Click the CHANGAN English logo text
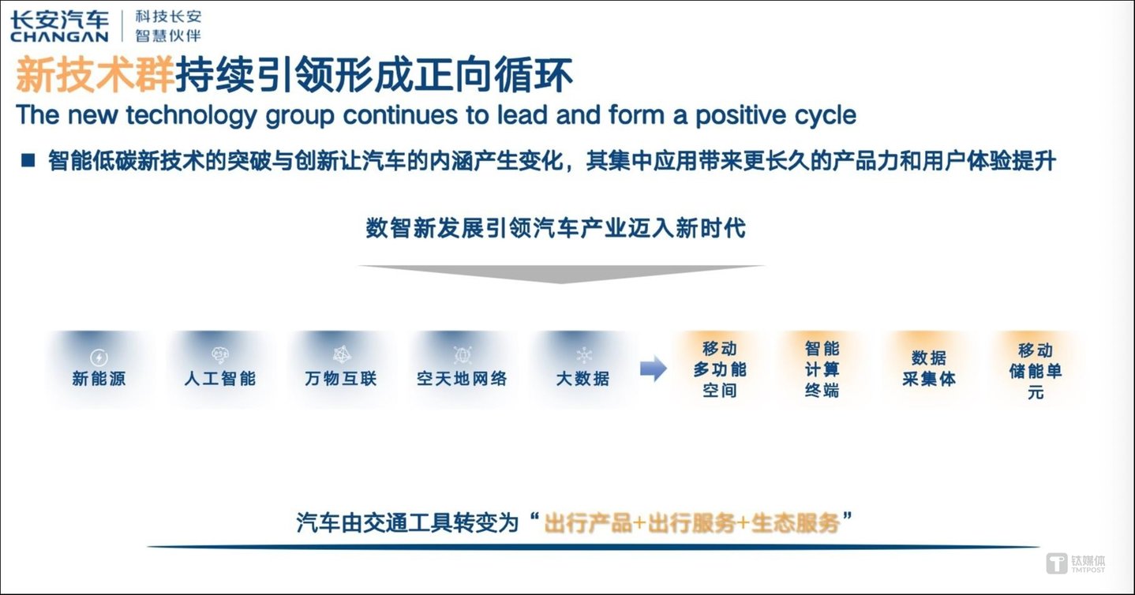click(x=59, y=36)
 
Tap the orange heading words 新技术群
click(x=95, y=75)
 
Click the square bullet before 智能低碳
click(x=28, y=160)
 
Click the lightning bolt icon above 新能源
click(x=99, y=357)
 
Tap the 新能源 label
click(x=99, y=378)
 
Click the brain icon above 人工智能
click(x=220, y=355)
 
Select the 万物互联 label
click(x=340, y=378)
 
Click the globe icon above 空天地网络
click(x=462, y=354)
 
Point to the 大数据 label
click(x=582, y=378)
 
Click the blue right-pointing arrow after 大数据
click(x=654, y=369)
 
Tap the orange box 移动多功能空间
click(x=720, y=369)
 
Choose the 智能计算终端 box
click(x=822, y=369)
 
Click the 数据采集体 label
click(x=929, y=369)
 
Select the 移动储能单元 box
click(x=1036, y=370)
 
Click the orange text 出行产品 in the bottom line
click(x=588, y=523)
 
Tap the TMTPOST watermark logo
click(x=1076, y=563)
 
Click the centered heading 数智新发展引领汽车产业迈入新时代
click(x=556, y=228)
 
